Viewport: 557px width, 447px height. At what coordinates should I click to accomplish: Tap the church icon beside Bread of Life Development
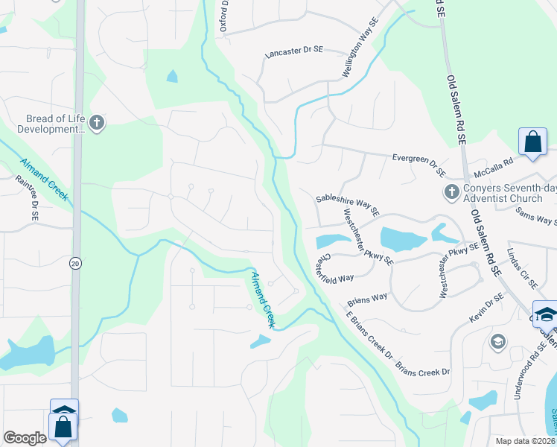coord(97,123)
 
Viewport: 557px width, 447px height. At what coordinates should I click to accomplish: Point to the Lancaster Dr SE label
coord(294,53)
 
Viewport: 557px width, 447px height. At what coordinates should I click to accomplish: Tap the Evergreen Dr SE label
coord(418,163)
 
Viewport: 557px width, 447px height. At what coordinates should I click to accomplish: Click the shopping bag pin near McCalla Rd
coord(533,142)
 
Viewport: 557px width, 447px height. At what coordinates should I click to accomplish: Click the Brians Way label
coord(368,299)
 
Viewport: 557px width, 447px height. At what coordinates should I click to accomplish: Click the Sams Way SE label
coord(536,215)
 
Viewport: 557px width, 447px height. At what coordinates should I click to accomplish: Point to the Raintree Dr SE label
coord(28,197)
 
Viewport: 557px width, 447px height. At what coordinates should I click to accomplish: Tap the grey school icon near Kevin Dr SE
coord(497,342)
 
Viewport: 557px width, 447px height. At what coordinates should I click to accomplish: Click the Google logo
coord(25,438)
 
